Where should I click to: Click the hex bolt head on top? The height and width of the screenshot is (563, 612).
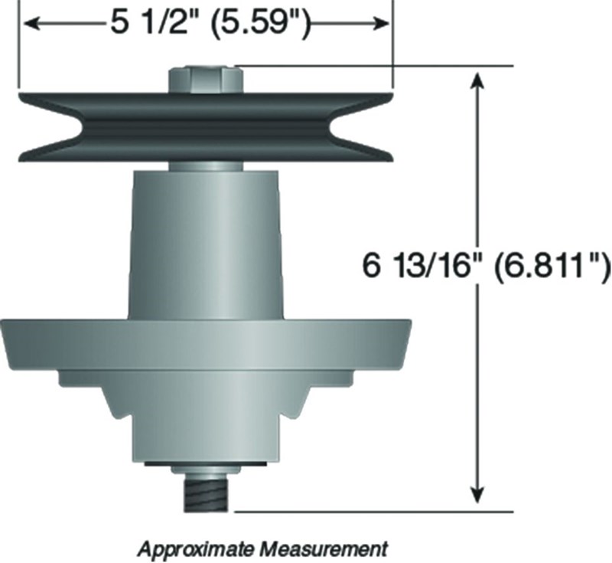point(206,80)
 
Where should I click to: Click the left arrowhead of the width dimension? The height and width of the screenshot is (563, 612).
point(32,24)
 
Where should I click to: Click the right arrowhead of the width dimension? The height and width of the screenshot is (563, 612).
point(380,24)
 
